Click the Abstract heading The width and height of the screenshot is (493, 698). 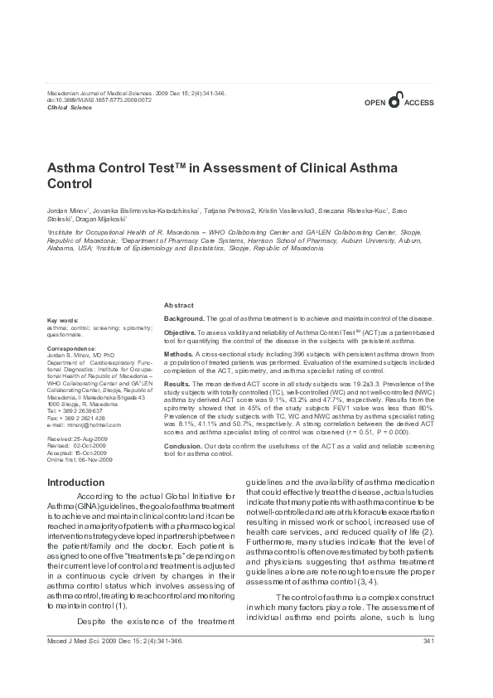point(179,305)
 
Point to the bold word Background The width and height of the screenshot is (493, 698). point(183,318)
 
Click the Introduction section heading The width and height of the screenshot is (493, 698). point(75,482)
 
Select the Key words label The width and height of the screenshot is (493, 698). point(63,319)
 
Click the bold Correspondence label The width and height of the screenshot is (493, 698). point(71,349)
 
